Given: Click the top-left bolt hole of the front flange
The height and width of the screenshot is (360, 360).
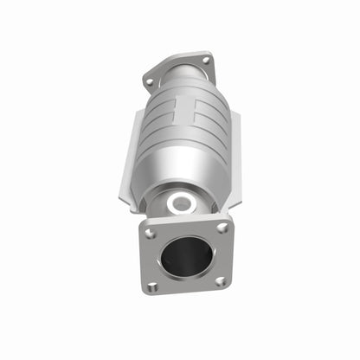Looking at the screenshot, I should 151,234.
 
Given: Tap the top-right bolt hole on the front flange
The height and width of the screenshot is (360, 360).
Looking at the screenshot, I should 222,228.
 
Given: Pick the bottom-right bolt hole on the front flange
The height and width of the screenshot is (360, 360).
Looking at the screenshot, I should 220,281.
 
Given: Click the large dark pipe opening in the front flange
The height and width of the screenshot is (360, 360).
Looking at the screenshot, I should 186,257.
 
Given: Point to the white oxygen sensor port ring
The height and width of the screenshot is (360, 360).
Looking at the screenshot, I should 183,204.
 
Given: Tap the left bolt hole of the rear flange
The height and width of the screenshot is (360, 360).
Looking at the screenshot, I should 150,82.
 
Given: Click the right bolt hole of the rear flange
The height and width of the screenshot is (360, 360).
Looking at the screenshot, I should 205,60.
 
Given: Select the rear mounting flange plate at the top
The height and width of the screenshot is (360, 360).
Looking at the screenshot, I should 177,67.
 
